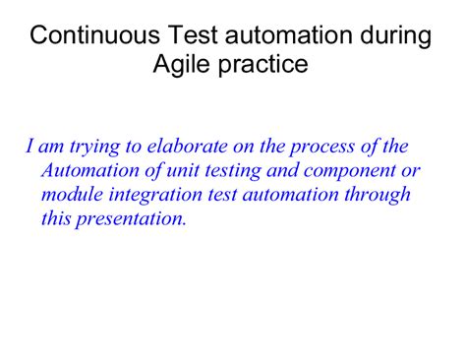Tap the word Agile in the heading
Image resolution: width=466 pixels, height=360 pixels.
pos(183,65)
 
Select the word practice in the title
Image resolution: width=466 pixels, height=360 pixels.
pos(262,65)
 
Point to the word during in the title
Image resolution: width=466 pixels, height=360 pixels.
pos(391,37)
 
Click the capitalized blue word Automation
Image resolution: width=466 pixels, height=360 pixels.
pos(88,170)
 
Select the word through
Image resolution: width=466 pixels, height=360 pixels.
pos(379,195)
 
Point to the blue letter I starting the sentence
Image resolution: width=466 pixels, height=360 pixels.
pos(30,147)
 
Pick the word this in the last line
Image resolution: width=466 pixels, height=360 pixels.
pos(56,217)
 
